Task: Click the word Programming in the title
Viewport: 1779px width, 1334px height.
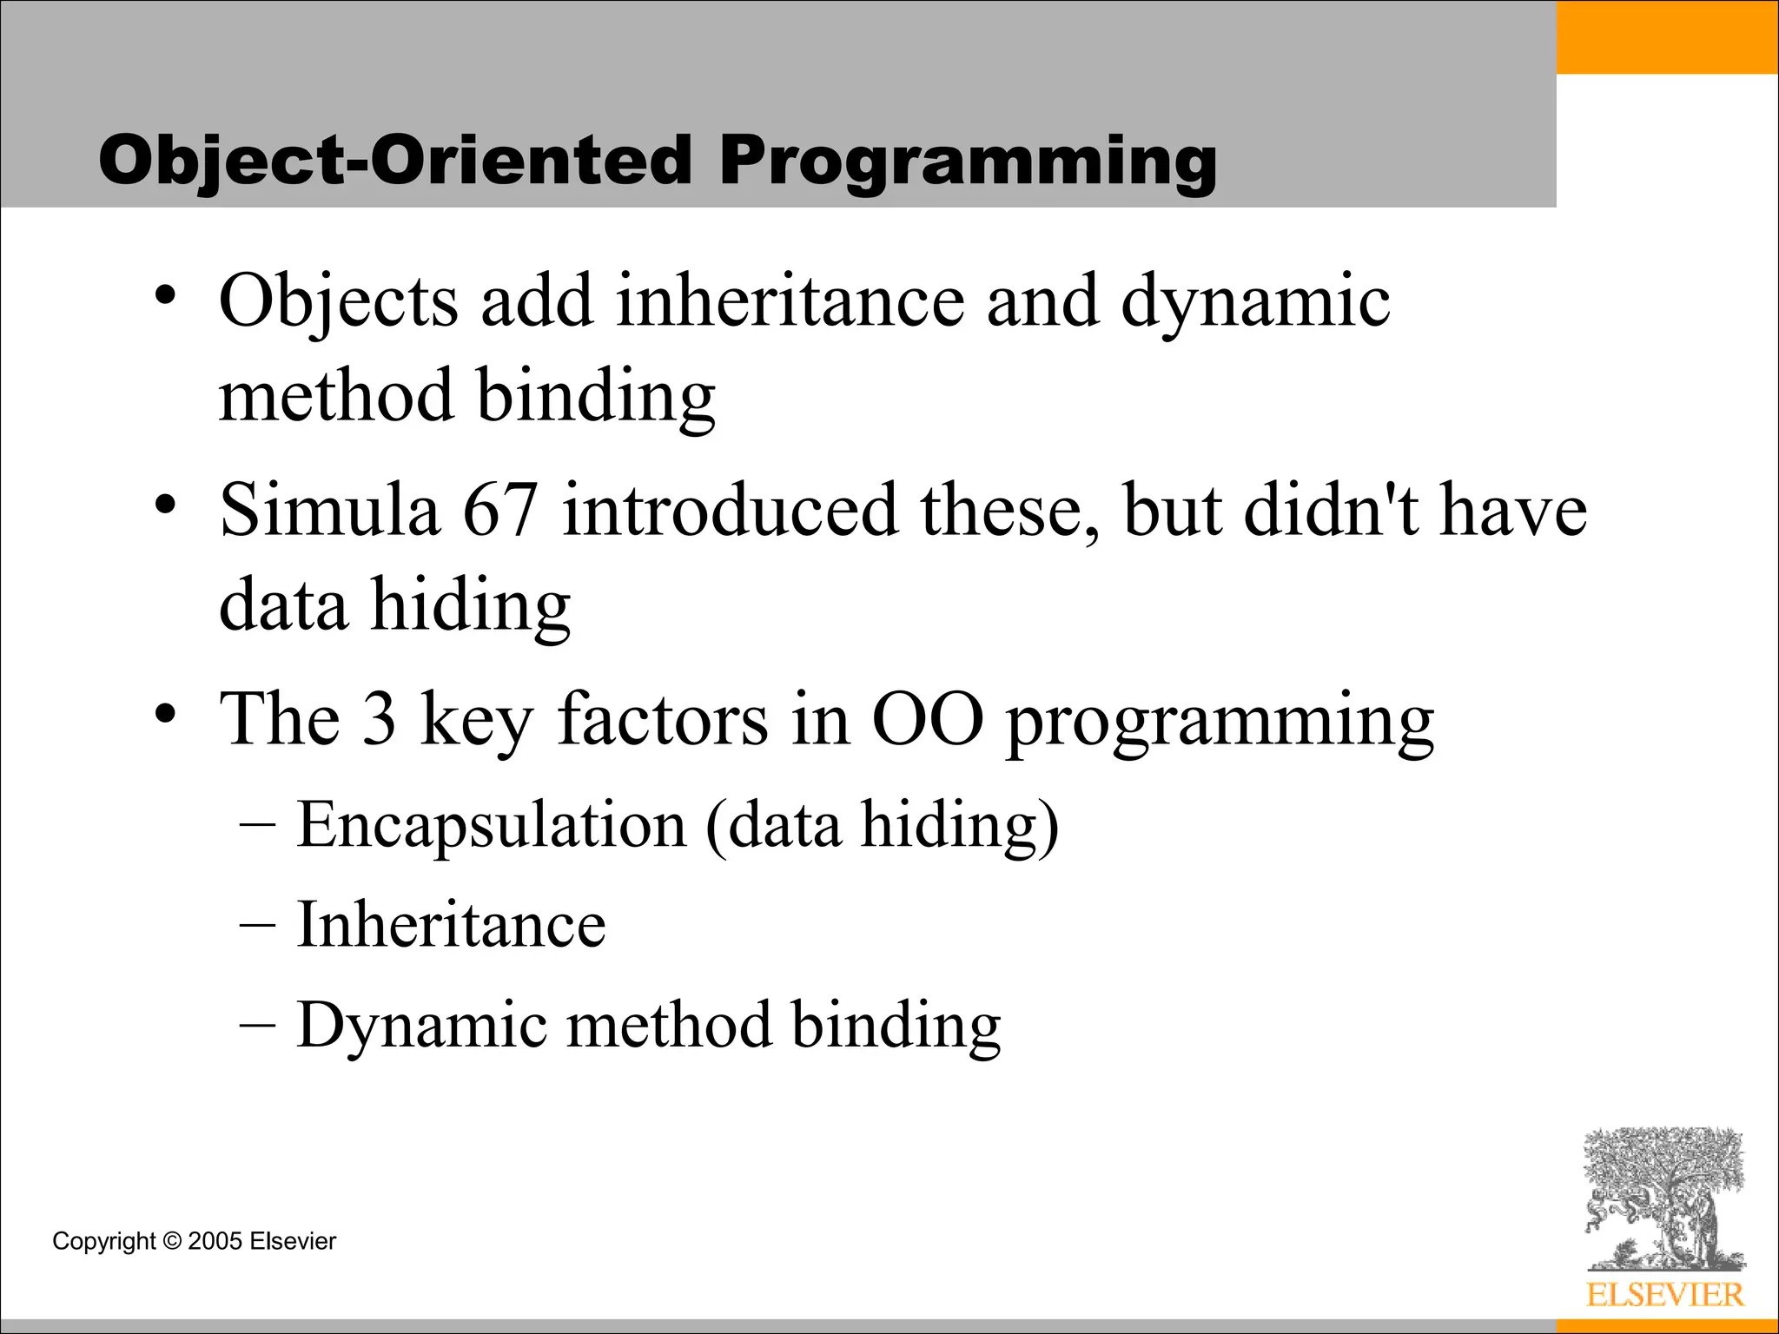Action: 967,161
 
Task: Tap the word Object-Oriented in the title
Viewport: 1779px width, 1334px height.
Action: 394,161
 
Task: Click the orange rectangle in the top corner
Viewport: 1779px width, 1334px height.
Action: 1667,36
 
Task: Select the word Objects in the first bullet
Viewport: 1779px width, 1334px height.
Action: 338,301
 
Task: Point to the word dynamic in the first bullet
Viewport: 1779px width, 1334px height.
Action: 1255,301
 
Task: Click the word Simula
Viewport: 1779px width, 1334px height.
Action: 329,510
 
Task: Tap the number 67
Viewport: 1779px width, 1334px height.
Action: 500,510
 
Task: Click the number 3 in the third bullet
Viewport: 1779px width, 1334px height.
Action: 379,719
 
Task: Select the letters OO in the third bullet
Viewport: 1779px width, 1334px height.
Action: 927,719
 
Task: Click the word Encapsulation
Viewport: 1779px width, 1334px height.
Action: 491,824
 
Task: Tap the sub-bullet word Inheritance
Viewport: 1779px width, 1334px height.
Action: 451,924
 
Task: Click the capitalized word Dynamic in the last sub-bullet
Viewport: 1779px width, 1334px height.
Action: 421,1025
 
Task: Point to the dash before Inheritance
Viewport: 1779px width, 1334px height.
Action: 257,926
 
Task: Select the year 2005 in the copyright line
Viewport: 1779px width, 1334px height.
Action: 215,1241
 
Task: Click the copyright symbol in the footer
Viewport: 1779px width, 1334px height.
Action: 172,1241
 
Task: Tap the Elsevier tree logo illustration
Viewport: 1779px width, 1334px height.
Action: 1664,1199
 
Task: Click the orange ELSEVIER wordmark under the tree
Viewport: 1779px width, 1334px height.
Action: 1664,1295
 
